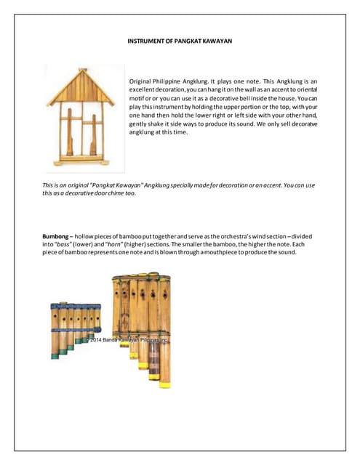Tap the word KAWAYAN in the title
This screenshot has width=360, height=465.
pos(216,41)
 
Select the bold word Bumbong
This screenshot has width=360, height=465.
pos(57,237)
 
